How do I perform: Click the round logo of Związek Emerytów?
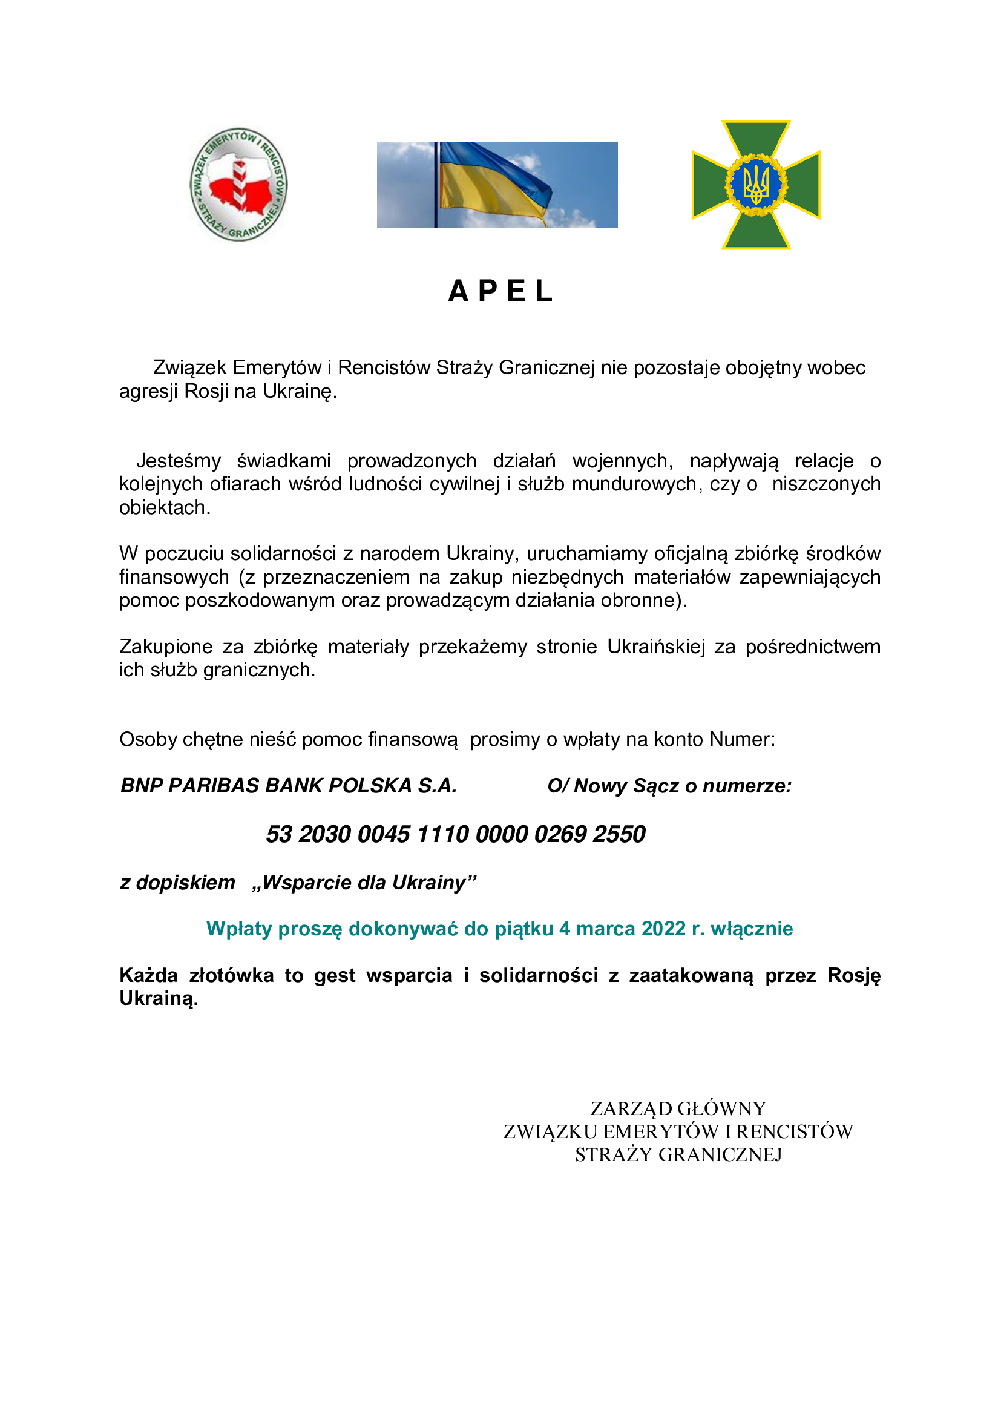coord(238,185)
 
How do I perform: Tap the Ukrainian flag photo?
coord(497,185)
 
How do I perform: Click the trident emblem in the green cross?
coord(756,185)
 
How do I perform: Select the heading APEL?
coord(500,291)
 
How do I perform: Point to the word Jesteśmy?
coord(178,461)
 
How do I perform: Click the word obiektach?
coord(164,507)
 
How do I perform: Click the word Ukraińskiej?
coord(656,647)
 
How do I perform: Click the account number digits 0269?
coord(560,834)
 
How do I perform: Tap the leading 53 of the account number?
coord(278,834)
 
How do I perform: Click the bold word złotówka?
coord(231,975)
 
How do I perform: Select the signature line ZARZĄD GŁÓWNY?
coord(678,1108)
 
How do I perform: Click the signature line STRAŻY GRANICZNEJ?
coord(678,1154)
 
